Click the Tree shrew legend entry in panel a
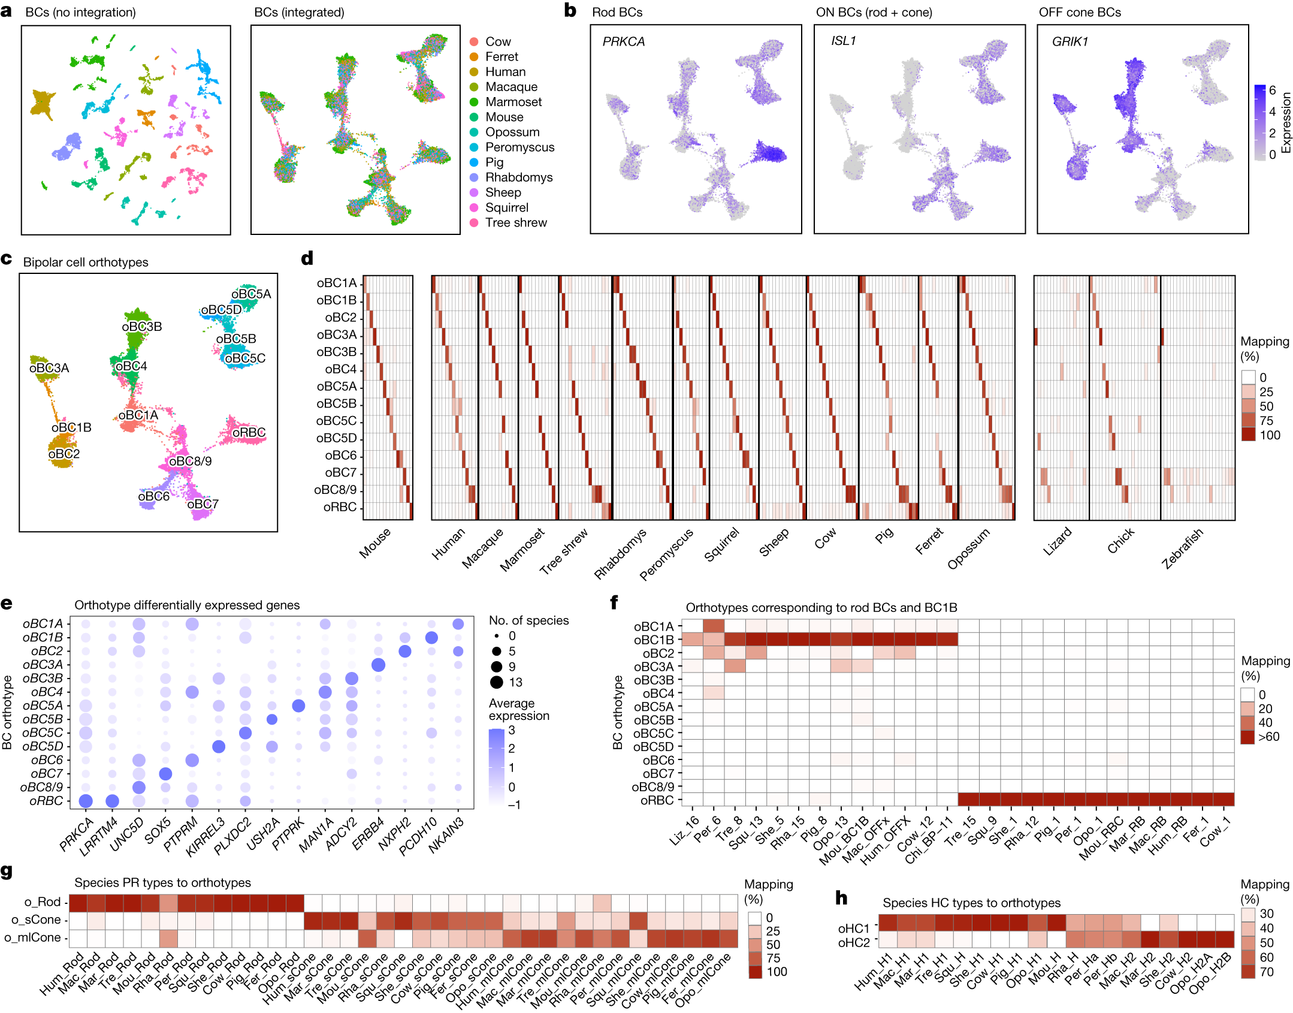coord(515,223)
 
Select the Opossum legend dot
coord(474,132)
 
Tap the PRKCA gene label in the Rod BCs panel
coord(623,41)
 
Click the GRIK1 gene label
coord(1070,41)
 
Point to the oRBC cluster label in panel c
coord(249,432)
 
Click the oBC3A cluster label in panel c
coord(49,367)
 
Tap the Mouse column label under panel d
coord(374,543)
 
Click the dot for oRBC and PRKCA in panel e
coord(86,801)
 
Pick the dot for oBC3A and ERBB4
coord(378,665)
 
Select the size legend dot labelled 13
coord(497,682)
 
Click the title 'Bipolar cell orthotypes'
coord(86,262)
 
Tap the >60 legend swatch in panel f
coord(1247,737)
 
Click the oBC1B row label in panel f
coord(654,640)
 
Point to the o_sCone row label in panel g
coord(35,919)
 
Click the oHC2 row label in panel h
coord(853,943)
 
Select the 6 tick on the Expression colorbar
coord(1272,91)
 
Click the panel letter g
coord(7,871)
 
